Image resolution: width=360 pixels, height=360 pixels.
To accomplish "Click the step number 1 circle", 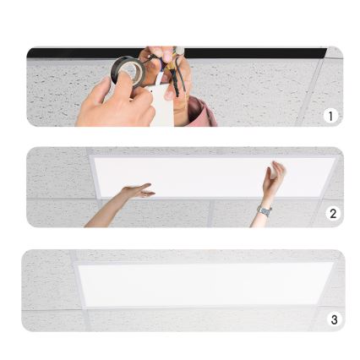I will click(330, 116).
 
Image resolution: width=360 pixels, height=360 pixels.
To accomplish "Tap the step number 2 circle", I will click(333, 214).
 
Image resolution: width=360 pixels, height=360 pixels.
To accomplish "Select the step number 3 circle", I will click(335, 319).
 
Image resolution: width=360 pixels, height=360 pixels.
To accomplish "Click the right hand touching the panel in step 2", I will click(274, 176).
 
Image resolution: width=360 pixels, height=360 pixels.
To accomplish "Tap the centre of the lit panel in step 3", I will click(203, 285).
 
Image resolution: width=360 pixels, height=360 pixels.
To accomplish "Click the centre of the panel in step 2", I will click(203, 175).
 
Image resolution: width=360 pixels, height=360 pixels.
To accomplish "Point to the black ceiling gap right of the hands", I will click(254, 52).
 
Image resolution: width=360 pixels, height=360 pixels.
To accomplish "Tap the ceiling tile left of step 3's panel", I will click(46, 287).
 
